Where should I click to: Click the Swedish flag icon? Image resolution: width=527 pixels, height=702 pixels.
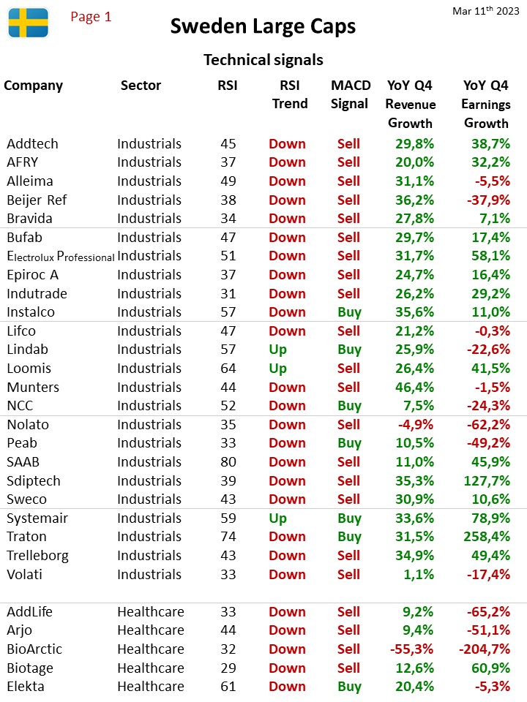(x=29, y=23)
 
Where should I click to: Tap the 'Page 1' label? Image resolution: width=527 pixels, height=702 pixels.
(x=91, y=17)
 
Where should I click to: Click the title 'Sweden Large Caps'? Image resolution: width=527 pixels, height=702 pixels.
(x=263, y=26)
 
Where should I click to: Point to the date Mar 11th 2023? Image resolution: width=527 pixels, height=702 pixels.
(x=486, y=11)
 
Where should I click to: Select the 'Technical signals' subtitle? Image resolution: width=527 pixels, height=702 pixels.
(x=263, y=59)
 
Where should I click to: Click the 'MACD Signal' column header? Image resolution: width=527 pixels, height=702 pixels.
(x=351, y=94)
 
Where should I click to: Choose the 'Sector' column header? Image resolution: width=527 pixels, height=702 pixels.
(x=141, y=86)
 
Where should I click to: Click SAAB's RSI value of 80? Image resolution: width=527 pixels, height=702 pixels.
(x=228, y=461)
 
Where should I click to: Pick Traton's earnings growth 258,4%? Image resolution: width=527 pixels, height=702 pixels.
(x=487, y=536)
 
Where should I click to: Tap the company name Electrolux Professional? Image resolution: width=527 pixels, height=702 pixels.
(x=61, y=256)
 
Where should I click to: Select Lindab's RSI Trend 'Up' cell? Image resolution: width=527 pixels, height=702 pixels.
(x=278, y=350)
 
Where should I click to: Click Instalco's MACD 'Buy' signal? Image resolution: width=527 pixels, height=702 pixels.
(x=350, y=312)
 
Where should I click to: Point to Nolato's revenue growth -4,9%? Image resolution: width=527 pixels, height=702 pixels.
(x=416, y=424)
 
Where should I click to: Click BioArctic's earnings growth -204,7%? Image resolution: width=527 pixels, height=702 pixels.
(x=485, y=649)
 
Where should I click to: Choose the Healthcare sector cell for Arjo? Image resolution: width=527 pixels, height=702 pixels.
(x=151, y=630)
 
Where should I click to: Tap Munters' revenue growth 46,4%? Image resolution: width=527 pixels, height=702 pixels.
(x=414, y=387)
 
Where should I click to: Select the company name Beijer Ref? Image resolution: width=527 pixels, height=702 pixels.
(x=37, y=200)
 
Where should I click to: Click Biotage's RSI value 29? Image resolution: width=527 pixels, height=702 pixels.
(x=228, y=668)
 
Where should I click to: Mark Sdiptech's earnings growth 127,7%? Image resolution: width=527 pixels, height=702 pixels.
(x=487, y=480)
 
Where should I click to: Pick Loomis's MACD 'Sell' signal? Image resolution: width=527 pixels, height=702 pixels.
(x=348, y=368)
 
